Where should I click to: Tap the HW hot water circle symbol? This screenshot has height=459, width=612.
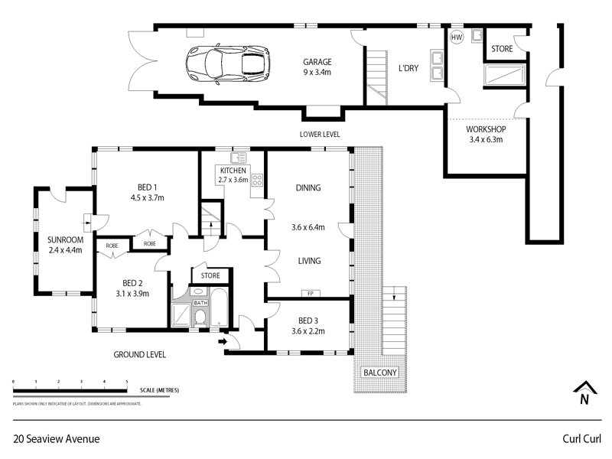tap(457, 37)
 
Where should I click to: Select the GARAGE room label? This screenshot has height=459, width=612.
tap(317, 63)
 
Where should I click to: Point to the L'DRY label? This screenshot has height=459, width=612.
tap(409, 69)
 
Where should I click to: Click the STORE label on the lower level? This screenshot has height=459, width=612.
tap(502, 48)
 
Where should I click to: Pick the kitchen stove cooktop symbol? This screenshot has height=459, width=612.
tap(257, 181)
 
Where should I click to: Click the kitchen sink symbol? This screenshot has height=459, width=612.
tap(236, 158)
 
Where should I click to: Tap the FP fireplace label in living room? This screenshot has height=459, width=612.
tap(310, 294)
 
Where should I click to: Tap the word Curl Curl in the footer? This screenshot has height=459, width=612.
tap(580, 439)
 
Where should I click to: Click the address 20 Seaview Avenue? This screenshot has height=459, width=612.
tap(57, 439)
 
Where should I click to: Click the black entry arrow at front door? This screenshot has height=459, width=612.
tap(223, 342)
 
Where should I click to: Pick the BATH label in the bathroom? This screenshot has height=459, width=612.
tap(200, 303)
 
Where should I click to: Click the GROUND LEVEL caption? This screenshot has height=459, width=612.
tap(139, 355)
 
